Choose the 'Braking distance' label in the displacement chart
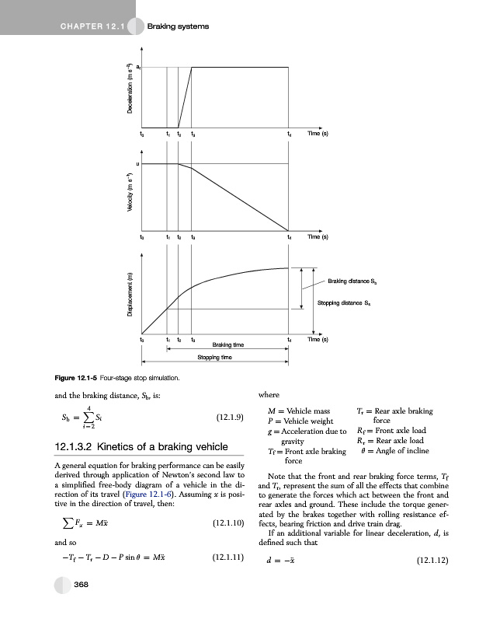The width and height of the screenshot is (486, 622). (352, 281)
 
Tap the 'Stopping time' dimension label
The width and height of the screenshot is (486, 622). (216, 358)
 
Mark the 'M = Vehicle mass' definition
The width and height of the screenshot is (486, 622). (298, 411)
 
